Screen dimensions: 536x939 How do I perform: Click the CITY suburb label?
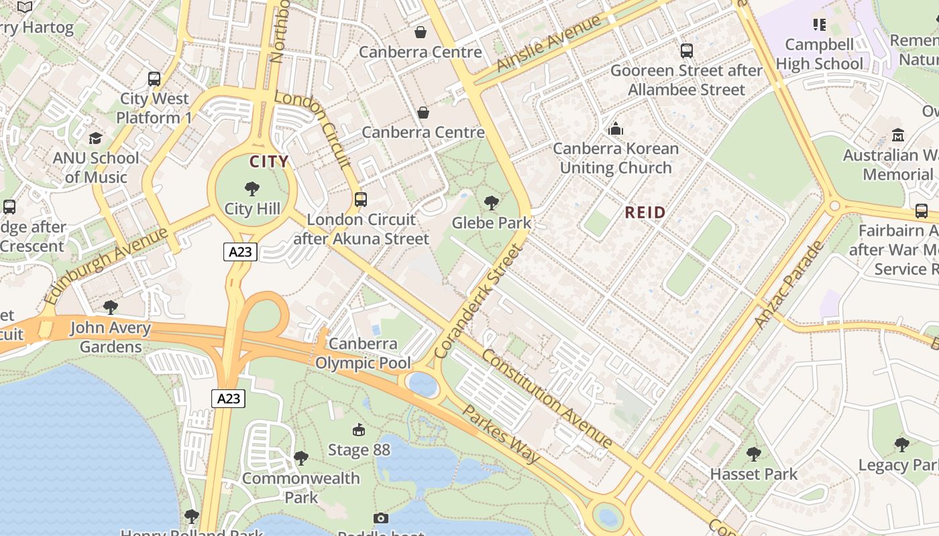click(x=269, y=161)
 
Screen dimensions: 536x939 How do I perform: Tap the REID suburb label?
click(x=645, y=213)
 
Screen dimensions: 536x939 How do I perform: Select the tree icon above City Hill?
click(x=252, y=188)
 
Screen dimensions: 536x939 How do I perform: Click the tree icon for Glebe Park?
click(x=492, y=202)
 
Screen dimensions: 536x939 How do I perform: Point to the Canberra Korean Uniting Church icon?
click(x=615, y=129)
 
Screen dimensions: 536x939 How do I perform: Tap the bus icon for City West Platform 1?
click(x=154, y=79)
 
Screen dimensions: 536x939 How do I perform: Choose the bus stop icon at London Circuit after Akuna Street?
click(x=361, y=199)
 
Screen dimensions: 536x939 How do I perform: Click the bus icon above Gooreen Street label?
click(x=686, y=51)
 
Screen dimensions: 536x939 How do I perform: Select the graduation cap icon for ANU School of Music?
click(x=96, y=138)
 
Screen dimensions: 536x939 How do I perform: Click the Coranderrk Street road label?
click(x=477, y=301)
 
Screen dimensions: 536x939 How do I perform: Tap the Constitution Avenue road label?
click(x=547, y=398)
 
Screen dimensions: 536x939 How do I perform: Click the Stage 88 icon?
click(x=359, y=429)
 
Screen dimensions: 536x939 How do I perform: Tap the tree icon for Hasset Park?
click(x=754, y=454)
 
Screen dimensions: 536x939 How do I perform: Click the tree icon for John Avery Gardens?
click(x=111, y=308)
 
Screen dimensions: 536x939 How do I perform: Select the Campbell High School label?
click(x=819, y=54)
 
